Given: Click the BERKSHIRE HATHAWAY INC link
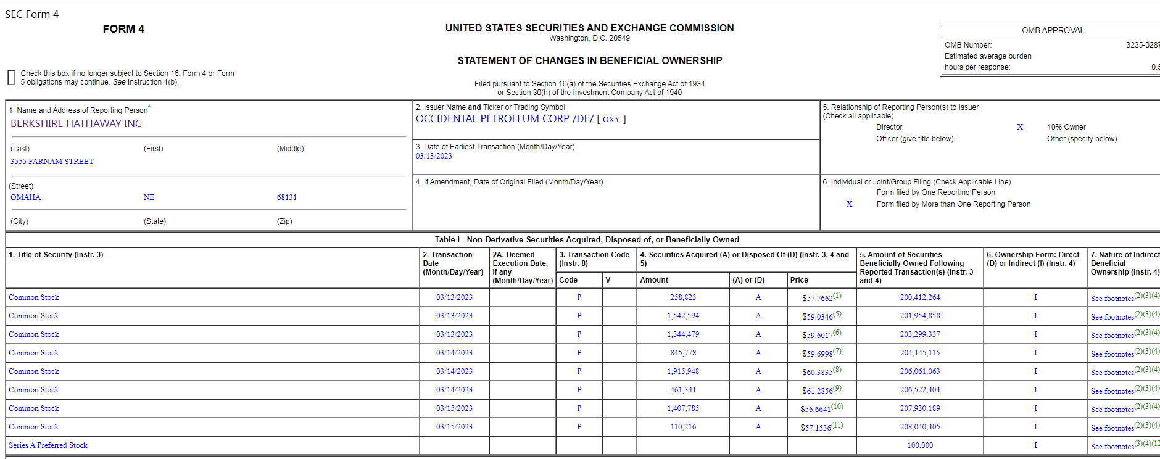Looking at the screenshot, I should pos(76,123).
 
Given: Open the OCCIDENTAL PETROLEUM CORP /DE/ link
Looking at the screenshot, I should pos(504,118).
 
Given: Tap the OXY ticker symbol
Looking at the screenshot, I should pos(611,119).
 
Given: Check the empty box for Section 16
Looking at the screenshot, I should pos(11,78).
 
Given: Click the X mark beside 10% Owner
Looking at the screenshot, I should pos(1020,127).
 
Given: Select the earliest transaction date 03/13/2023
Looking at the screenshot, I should pos(434,156).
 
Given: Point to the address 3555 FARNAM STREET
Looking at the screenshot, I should pos(52,162).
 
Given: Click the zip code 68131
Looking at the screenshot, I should pos(286,197).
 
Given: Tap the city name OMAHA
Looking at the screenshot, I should pos(25,197).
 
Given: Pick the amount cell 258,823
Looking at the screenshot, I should pos(683,297).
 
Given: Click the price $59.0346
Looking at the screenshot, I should pos(817,316).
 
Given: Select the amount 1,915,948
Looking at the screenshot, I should pos(683,371).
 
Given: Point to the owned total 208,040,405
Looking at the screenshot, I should pos(919,427).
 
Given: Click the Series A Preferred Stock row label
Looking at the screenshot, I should pos(48,445).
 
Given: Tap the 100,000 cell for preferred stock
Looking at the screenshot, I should pos(919,445).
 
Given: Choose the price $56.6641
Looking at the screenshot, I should pos(815,409).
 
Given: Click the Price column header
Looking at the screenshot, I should pos(799,280).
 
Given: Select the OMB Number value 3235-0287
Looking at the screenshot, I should pos(1142,45).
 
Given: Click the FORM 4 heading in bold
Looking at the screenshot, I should pos(123,29).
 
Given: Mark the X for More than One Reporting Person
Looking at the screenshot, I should pos(849,204).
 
